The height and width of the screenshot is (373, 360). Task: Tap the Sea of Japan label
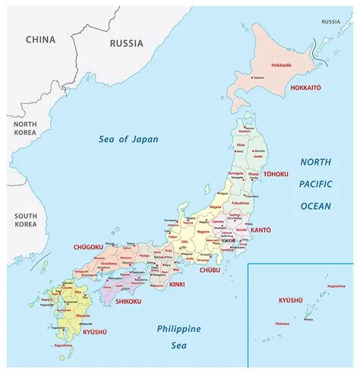point(126,139)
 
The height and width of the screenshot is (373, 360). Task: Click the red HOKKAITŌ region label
point(305,88)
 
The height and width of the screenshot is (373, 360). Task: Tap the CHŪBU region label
point(209,270)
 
